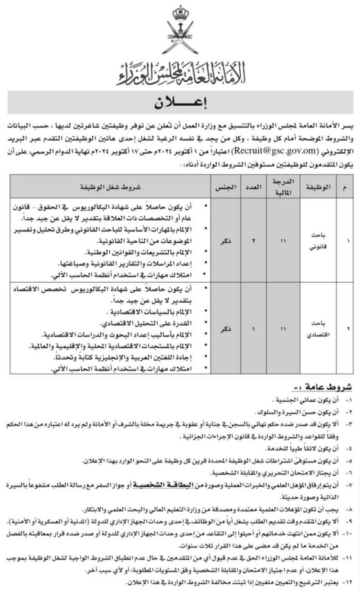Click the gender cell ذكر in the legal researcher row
pos(224,241)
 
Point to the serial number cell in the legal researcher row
pos(347,241)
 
